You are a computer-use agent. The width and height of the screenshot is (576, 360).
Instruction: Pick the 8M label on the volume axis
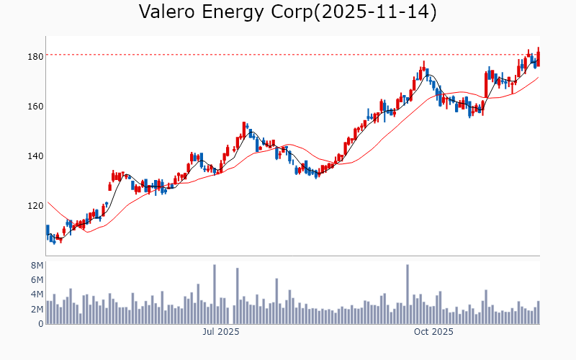pyautogui.click(x=37, y=265)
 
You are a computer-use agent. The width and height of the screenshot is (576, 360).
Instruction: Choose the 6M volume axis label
pyautogui.click(x=37, y=279)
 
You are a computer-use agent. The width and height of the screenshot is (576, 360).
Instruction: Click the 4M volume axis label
pyautogui.click(x=37, y=294)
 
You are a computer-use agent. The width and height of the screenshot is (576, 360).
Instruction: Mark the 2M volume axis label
pyautogui.click(x=37, y=309)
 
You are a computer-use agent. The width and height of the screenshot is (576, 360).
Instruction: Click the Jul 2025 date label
pyautogui.click(x=220, y=332)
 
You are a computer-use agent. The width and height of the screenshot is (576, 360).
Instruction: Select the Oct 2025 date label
pyautogui.click(x=433, y=332)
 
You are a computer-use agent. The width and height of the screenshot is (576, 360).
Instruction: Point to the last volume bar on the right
pyautogui.click(x=538, y=312)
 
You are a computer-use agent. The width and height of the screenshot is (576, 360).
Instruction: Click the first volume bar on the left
pyautogui.click(x=48, y=312)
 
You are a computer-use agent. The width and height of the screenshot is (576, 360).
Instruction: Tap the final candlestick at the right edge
pyautogui.click(x=538, y=58)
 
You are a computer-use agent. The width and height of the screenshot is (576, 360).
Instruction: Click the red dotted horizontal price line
pyautogui.click(x=288, y=55)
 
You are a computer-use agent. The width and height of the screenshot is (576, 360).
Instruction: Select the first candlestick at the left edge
pyautogui.click(x=48, y=232)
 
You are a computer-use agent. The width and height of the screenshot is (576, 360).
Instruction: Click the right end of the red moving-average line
pyautogui.click(x=538, y=78)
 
